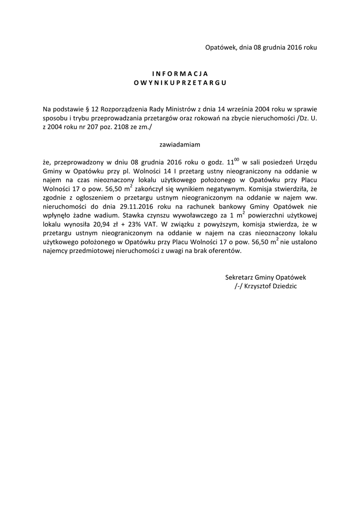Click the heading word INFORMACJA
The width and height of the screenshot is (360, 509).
tap(180, 73)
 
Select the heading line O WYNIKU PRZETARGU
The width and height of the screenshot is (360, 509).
tap(180, 83)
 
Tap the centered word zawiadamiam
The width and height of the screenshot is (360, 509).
tap(180, 145)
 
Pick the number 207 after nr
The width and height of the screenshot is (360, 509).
tap(93, 127)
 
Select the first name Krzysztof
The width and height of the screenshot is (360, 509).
tap(261, 286)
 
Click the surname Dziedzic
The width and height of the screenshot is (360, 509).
tap(286, 286)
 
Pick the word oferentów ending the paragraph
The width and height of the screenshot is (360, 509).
tap(226, 252)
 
